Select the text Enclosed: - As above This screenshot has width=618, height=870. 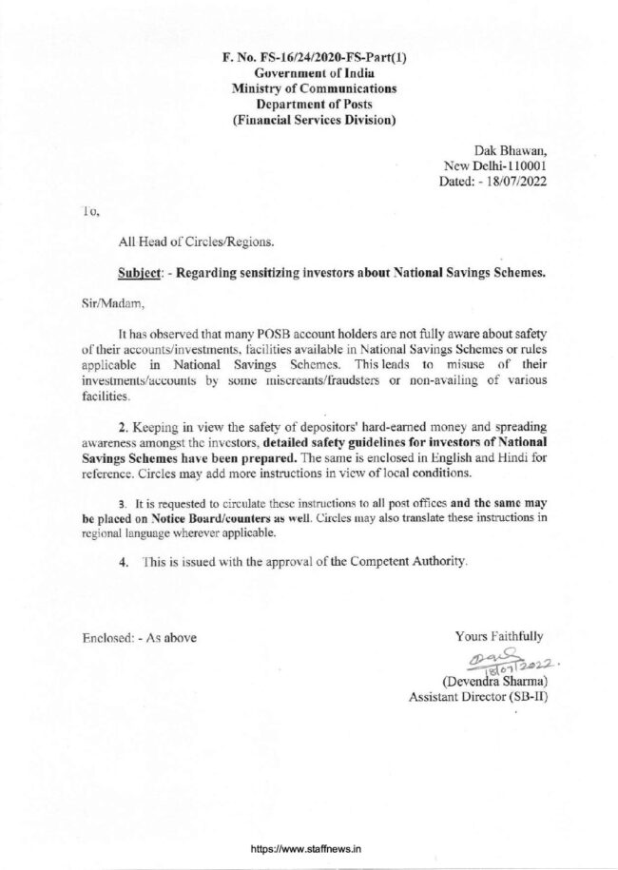click(139, 637)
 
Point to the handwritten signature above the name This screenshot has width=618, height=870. click(499, 662)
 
